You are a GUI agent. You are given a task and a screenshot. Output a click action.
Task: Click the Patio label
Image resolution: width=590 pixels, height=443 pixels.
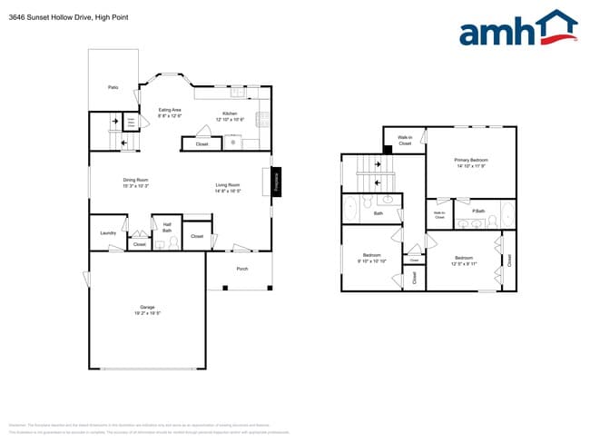tap(113, 88)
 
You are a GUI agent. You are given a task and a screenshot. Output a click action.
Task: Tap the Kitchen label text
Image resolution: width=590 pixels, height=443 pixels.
tap(230, 113)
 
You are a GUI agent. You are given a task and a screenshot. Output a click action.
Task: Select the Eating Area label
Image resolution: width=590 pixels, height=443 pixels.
tap(170, 110)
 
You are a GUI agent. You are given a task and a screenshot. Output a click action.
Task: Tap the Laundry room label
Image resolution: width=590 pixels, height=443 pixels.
tap(107, 233)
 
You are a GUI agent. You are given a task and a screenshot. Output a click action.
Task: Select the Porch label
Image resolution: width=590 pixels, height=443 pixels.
tap(241, 269)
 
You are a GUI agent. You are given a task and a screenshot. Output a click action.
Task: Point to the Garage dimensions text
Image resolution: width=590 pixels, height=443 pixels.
tap(149, 314)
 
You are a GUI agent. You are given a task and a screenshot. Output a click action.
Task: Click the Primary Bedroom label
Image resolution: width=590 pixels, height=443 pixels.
tap(470, 160)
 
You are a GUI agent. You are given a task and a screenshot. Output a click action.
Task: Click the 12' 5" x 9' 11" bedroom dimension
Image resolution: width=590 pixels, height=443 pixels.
tap(464, 263)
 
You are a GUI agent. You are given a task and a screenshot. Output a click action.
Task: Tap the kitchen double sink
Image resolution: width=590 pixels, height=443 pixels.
tap(238, 93)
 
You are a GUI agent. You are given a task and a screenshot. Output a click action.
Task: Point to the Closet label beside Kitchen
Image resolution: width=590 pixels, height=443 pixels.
tap(202, 144)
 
